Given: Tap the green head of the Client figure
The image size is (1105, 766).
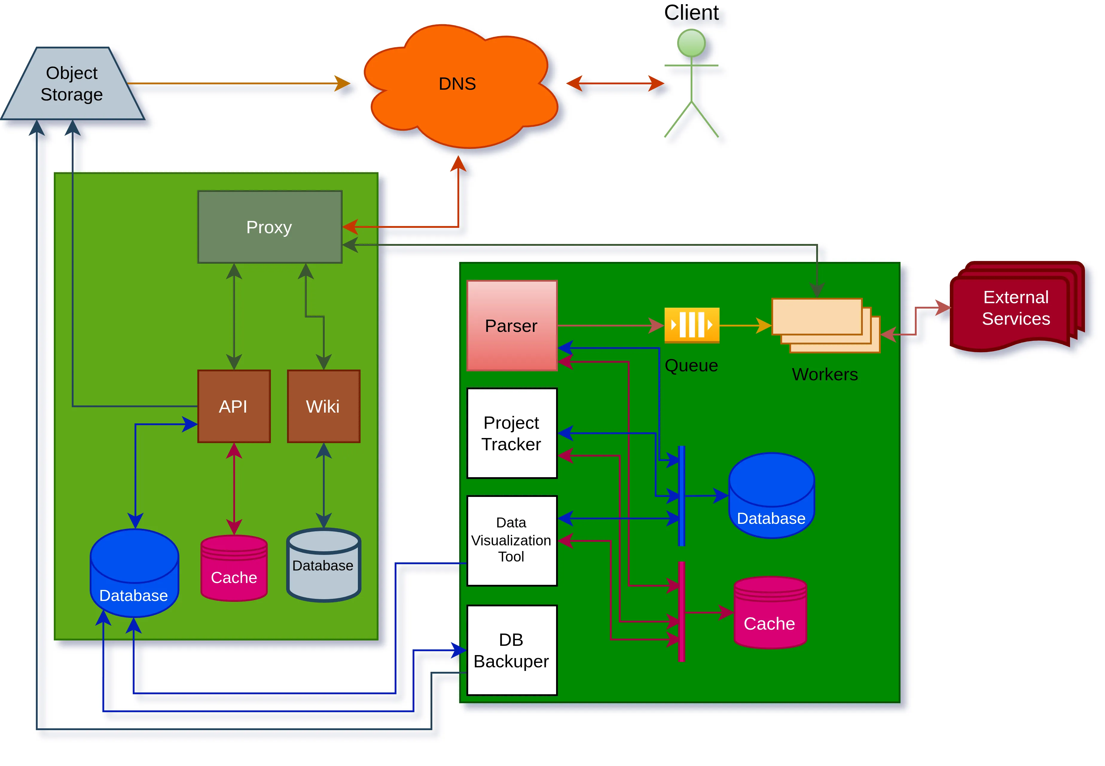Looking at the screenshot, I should coord(691,43).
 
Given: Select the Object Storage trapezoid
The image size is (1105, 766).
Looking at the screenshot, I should coord(72,84).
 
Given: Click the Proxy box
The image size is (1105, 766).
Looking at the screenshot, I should coord(270,227).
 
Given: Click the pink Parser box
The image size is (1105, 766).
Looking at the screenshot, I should coord(512,325).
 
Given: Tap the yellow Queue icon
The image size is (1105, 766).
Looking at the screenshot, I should coord(692,325).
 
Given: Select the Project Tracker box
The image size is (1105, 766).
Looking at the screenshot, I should coord(512,433).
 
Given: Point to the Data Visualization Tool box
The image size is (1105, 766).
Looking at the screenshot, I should coord(512,541).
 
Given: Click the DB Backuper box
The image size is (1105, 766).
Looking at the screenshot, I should coord(512,650).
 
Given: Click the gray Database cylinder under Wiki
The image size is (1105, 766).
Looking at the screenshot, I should coord(323,565).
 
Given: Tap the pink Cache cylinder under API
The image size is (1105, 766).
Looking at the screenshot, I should coord(234,569).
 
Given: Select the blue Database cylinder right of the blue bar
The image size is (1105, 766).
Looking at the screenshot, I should coord(771,495).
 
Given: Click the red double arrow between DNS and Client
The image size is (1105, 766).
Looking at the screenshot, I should coord(615,83).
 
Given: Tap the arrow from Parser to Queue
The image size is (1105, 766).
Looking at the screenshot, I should coord(609,325).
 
